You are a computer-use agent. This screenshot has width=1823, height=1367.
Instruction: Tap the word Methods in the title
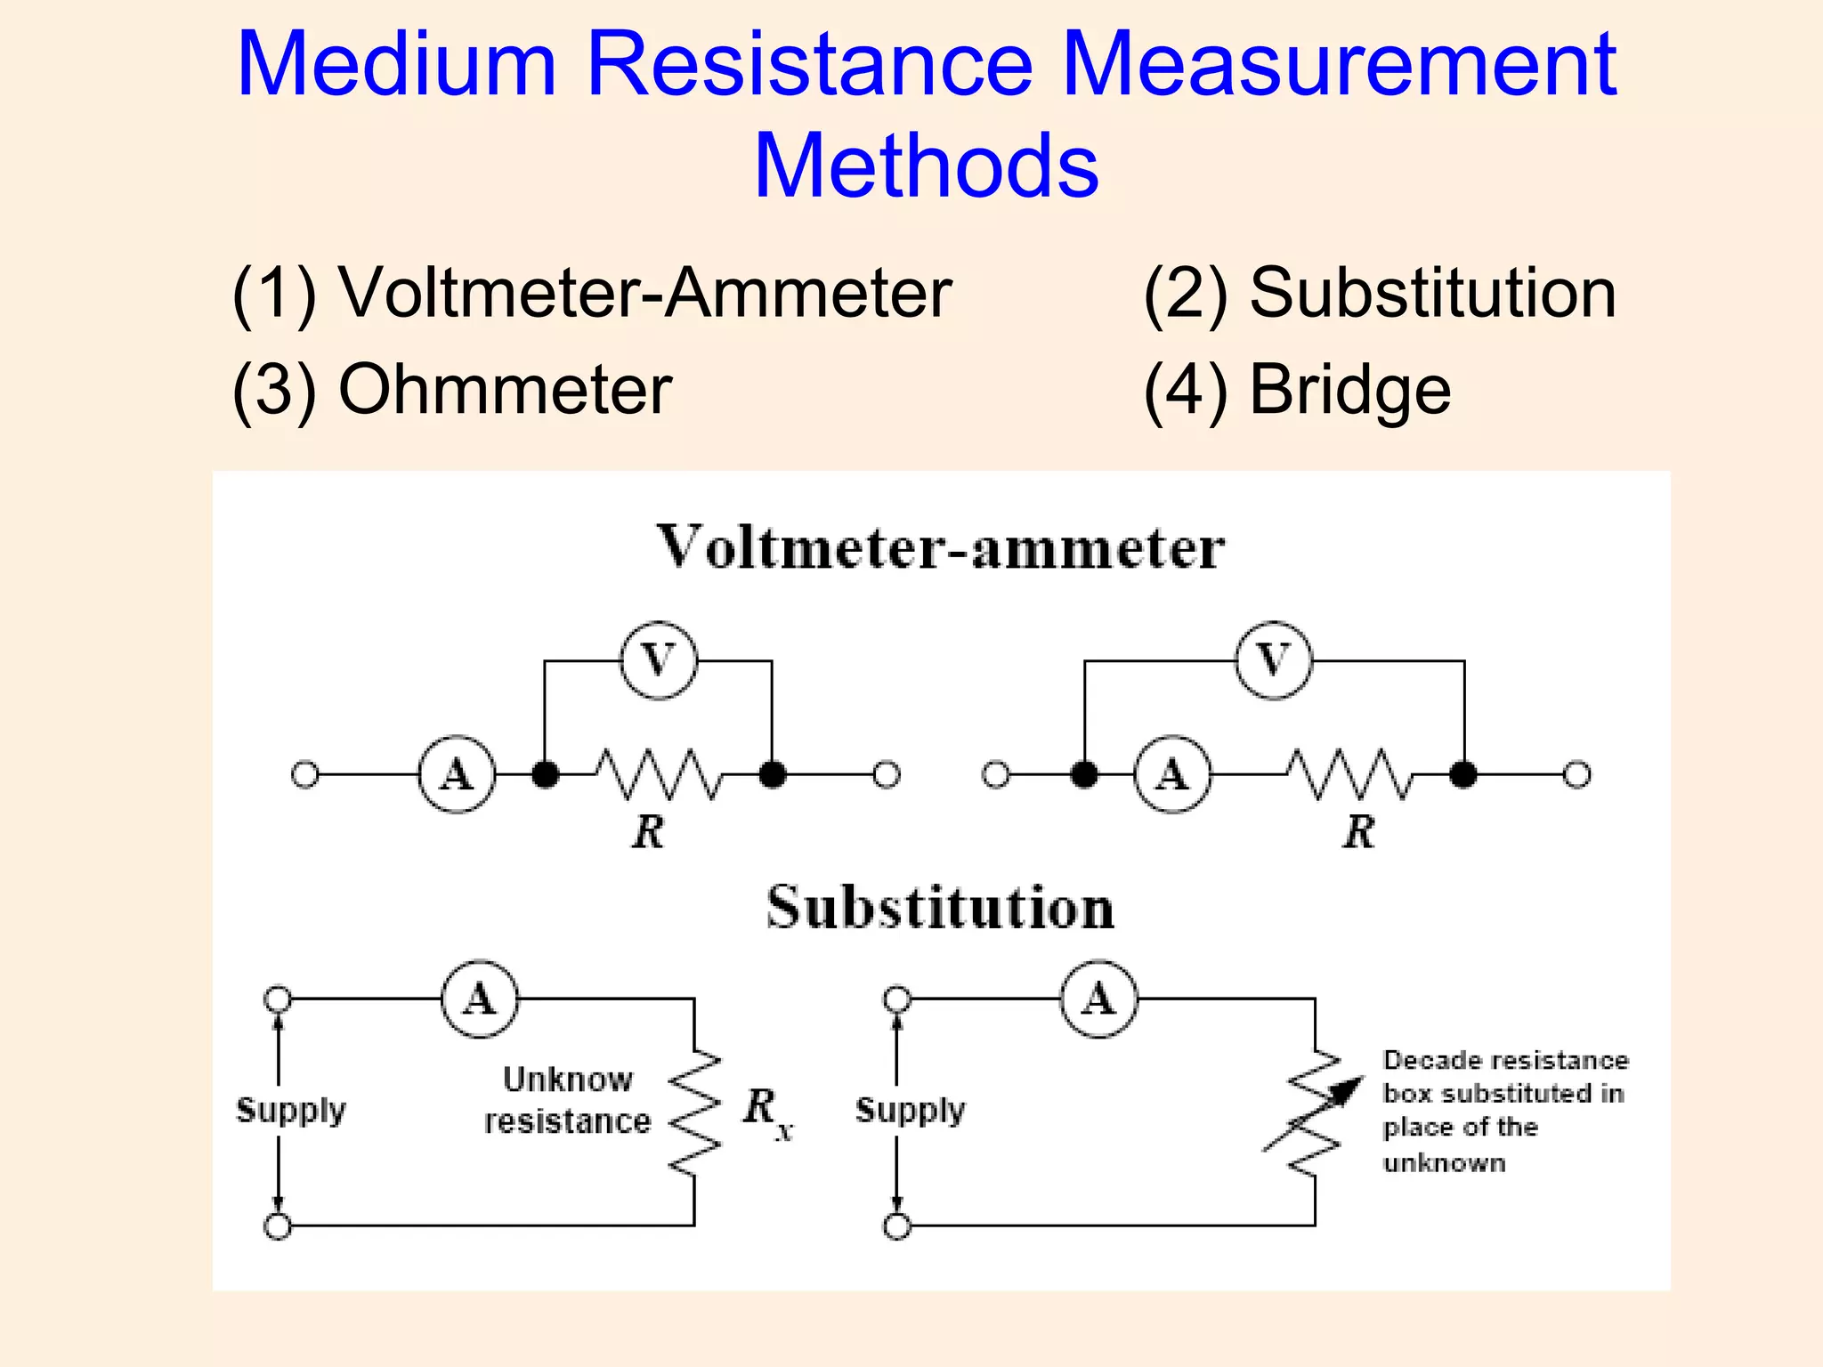pyautogui.click(x=926, y=166)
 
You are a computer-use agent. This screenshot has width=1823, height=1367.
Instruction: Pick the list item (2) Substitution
pyautogui.click(x=1379, y=293)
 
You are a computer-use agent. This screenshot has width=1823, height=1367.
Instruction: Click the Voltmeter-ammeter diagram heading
pyautogui.click(x=940, y=547)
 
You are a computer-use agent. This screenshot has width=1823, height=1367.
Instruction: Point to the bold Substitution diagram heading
pyautogui.click(x=940, y=908)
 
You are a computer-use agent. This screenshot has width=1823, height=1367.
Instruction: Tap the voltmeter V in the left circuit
pyautogui.click(x=658, y=660)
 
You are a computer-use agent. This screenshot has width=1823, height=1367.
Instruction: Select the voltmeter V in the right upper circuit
pyautogui.click(x=1274, y=660)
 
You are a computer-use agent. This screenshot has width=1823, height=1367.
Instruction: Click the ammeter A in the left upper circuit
pyautogui.click(x=457, y=774)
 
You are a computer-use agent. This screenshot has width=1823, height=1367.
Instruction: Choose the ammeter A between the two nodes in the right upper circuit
pyautogui.click(x=1172, y=774)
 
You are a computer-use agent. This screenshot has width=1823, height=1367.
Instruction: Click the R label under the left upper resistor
pyautogui.click(x=648, y=832)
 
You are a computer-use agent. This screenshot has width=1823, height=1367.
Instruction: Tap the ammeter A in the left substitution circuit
pyautogui.click(x=480, y=999)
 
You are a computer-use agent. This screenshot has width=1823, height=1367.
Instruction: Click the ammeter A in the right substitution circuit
pyautogui.click(x=1098, y=999)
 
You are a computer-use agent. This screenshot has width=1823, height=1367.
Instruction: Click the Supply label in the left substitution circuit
pyautogui.click(x=290, y=1110)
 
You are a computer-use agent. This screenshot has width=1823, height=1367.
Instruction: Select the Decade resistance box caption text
pyautogui.click(x=1504, y=1111)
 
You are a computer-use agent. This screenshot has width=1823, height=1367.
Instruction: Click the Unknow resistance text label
pyautogui.click(x=567, y=1100)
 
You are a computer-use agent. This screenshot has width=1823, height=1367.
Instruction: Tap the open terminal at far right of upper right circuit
pyautogui.click(x=1576, y=775)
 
